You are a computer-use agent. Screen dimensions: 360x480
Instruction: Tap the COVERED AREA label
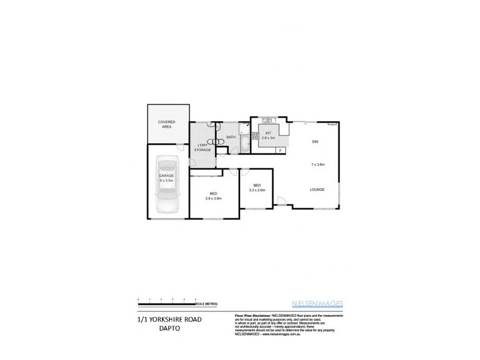(167, 125)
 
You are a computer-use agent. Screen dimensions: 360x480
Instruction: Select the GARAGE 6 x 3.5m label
(166, 178)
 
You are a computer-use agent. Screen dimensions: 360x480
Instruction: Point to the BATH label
(230, 137)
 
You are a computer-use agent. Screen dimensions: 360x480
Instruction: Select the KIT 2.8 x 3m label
(268, 136)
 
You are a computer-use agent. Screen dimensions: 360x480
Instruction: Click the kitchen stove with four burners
(254, 135)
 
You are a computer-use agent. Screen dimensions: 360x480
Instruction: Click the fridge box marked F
(280, 150)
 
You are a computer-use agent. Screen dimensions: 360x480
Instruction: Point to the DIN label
(314, 142)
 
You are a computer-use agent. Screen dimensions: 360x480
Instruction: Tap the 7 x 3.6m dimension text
(317, 164)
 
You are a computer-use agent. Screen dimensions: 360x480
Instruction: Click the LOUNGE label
(317, 190)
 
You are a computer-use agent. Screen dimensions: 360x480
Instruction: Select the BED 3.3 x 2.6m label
(257, 187)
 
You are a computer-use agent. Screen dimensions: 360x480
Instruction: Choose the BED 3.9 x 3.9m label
(214, 196)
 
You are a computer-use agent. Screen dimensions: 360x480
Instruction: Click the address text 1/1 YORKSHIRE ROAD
(170, 320)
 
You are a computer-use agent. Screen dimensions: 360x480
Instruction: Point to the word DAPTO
(170, 329)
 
